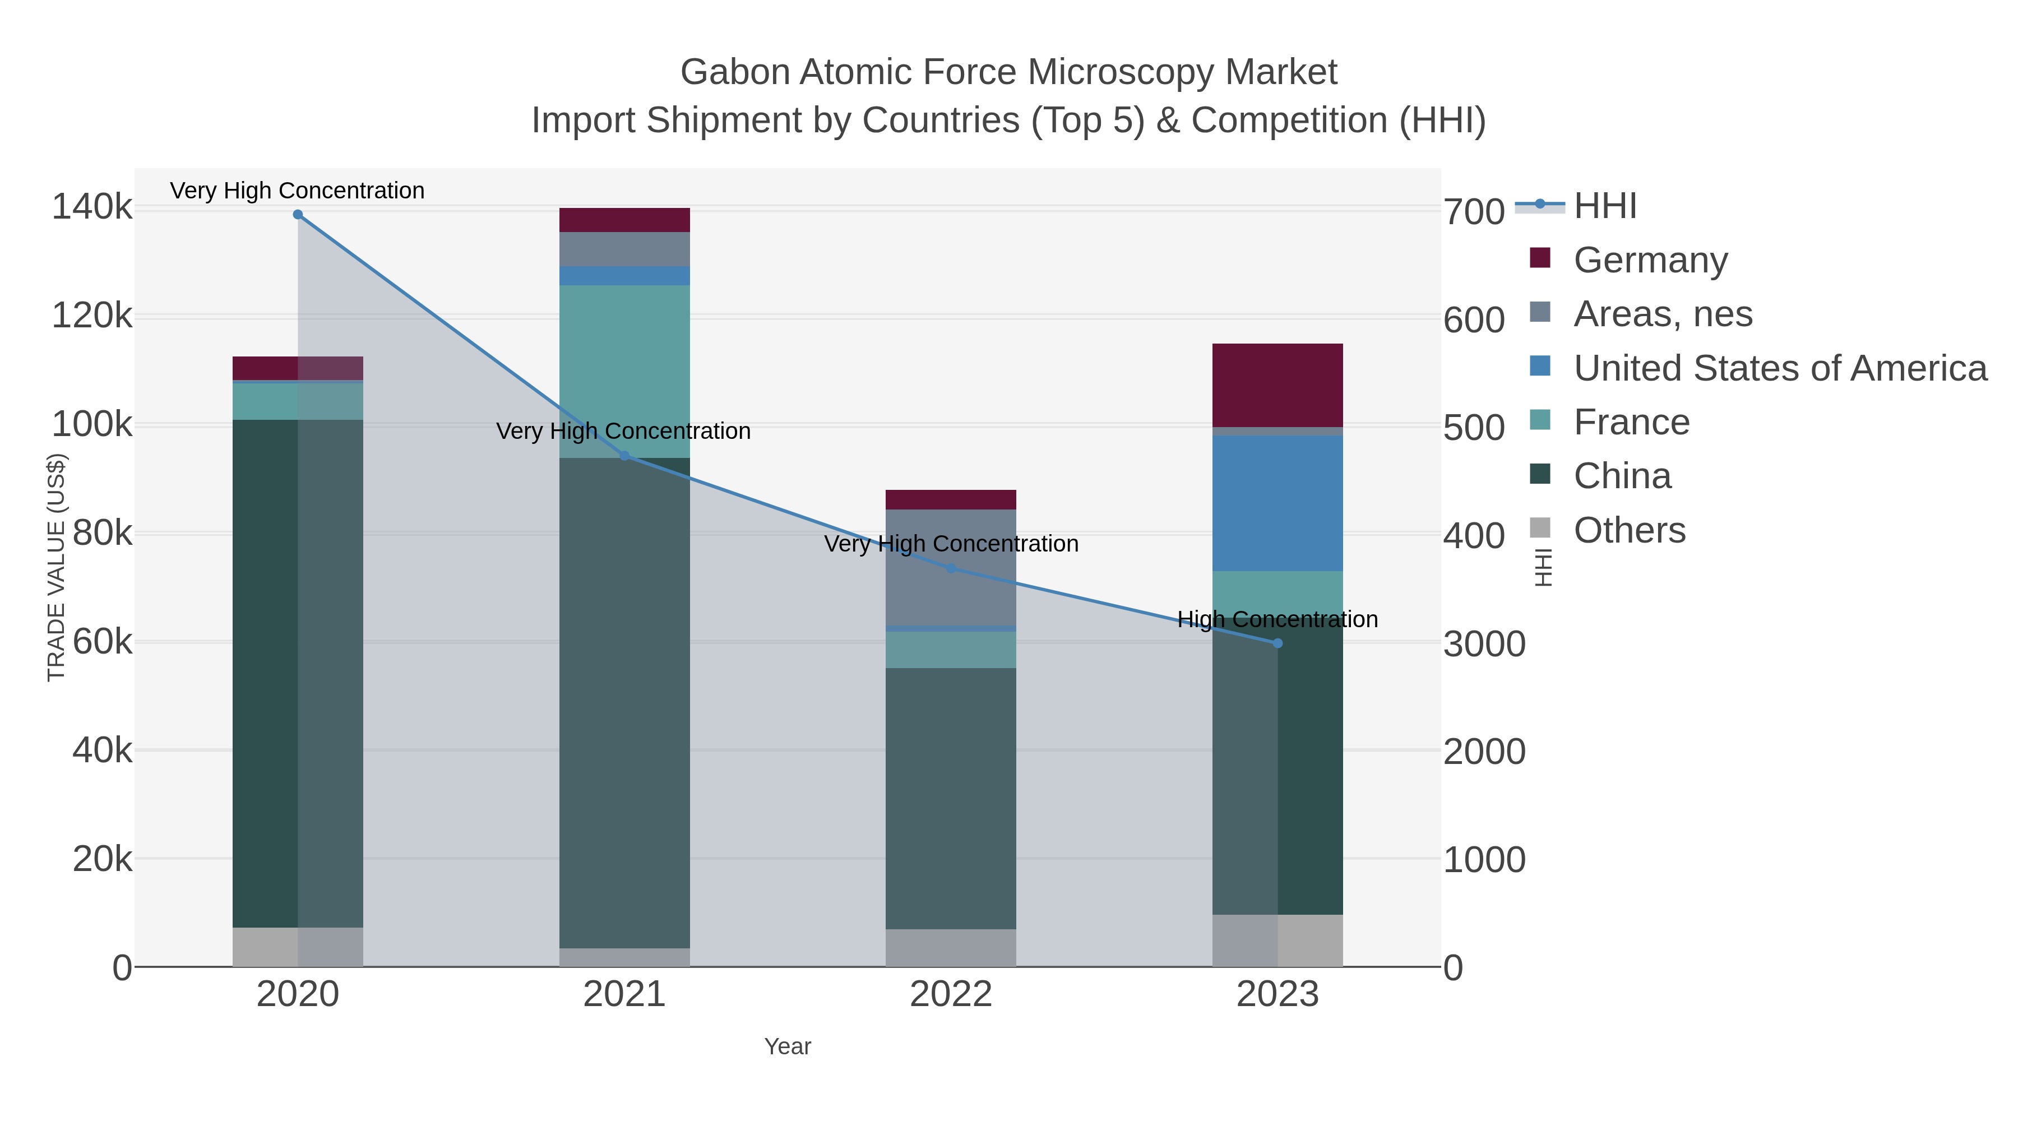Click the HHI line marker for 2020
tap(298, 215)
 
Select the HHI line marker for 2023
tap(1278, 643)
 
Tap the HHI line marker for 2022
tap(951, 568)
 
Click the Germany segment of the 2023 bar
tap(1278, 386)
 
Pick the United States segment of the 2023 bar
tap(1278, 503)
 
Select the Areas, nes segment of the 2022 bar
tap(951, 567)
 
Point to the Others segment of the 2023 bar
tap(1278, 940)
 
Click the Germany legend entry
tap(1650, 260)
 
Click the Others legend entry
tap(1630, 530)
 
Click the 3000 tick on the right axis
tap(1484, 644)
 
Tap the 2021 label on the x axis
tap(624, 994)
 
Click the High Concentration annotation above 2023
tap(1278, 619)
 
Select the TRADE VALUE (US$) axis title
tap(57, 567)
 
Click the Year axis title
tap(788, 1046)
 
